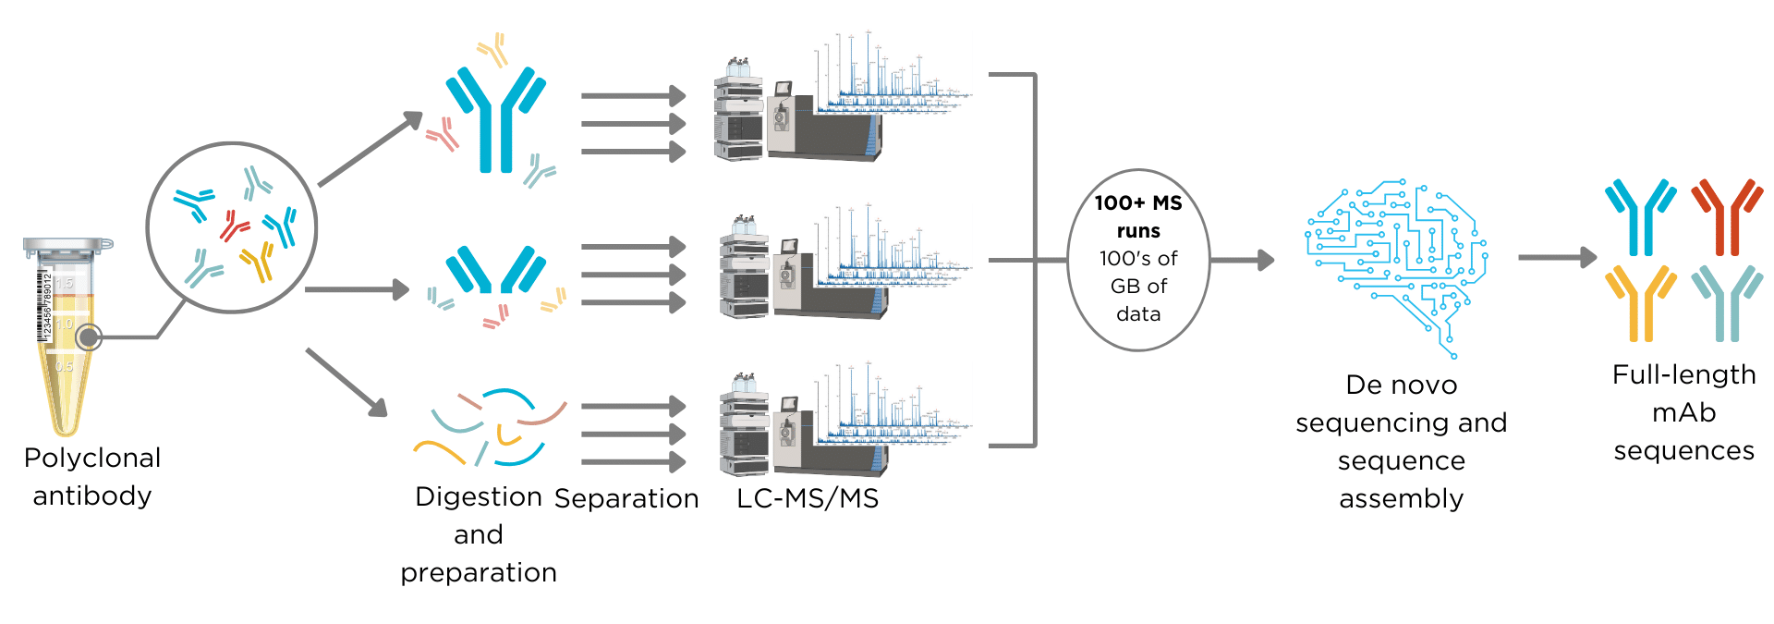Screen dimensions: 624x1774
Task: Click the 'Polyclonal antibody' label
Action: [92, 476]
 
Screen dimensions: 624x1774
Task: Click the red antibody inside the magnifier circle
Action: [234, 225]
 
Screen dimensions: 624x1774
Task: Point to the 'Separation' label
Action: [626, 498]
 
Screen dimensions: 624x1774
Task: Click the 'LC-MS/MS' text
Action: [808, 498]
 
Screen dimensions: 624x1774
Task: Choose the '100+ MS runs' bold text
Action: [1138, 216]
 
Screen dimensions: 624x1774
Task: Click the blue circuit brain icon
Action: [1395, 263]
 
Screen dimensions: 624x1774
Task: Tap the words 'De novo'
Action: [1401, 385]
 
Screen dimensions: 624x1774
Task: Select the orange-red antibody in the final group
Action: [1725, 217]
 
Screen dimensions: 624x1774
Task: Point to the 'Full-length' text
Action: [1683, 374]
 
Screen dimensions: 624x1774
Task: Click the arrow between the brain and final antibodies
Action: [1557, 258]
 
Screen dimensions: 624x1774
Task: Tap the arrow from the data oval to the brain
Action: [1242, 261]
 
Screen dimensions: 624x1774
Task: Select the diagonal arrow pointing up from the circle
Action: [370, 149]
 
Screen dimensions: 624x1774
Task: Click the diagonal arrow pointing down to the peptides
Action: [346, 382]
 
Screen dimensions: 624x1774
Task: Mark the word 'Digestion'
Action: [478, 496]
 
